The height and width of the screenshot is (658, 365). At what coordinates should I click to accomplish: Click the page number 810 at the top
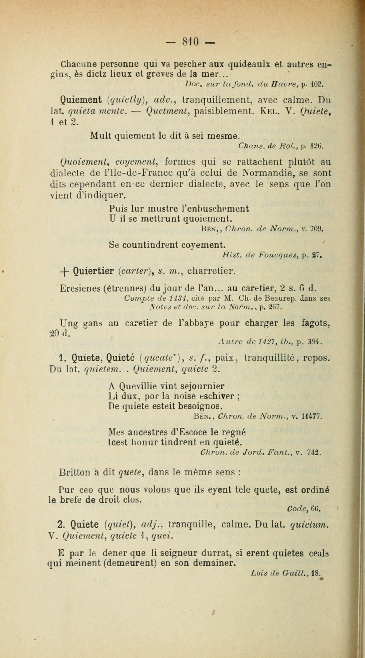[x=190, y=42]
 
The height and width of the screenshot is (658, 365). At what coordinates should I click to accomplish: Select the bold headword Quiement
[x=81, y=100]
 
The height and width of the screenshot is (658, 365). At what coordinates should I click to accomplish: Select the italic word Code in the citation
[x=296, y=508]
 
